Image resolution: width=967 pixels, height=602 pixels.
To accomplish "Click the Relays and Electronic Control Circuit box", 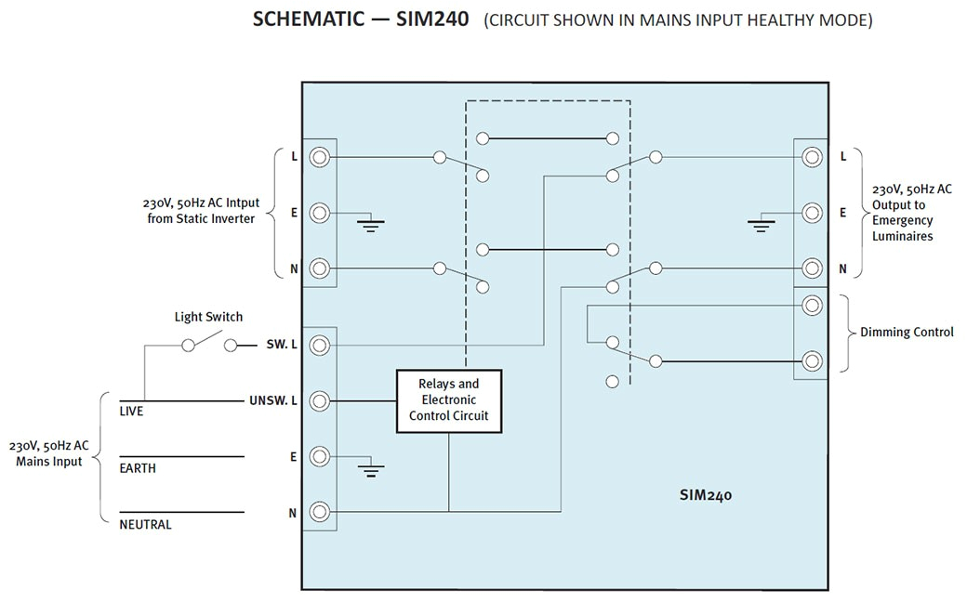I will (x=448, y=401).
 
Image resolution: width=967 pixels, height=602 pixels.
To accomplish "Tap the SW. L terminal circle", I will (x=319, y=346).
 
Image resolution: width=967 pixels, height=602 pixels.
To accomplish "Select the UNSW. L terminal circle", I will (x=319, y=401).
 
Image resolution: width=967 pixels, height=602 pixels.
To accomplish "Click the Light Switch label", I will (x=208, y=317).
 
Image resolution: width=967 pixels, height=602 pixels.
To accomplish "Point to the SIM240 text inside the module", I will (x=705, y=495).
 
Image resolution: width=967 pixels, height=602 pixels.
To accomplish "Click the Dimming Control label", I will (x=906, y=332).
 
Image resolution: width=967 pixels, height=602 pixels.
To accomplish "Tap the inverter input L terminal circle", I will (x=319, y=157).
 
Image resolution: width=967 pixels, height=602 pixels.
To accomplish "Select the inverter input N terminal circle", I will (x=319, y=268).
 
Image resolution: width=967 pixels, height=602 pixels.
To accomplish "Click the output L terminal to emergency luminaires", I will (x=812, y=157).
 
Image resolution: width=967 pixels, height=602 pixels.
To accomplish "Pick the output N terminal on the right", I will (x=812, y=268).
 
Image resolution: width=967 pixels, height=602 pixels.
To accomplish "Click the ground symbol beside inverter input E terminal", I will (x=372, y=223).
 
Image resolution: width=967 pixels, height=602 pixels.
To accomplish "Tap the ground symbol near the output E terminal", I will (x=762, y=223).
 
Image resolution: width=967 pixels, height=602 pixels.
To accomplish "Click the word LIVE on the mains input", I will (x=132, y=412).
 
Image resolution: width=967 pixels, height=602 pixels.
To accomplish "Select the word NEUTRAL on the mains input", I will (x=145, y=525).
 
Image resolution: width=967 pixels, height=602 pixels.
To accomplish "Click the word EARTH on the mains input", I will (x=138, y=468).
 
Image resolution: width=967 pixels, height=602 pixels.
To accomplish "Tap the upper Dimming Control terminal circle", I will (x=812, y=305).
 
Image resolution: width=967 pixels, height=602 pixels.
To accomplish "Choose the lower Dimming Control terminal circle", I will (x=812, y=360).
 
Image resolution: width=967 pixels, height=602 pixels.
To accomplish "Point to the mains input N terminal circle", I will (x=319, y=511).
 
